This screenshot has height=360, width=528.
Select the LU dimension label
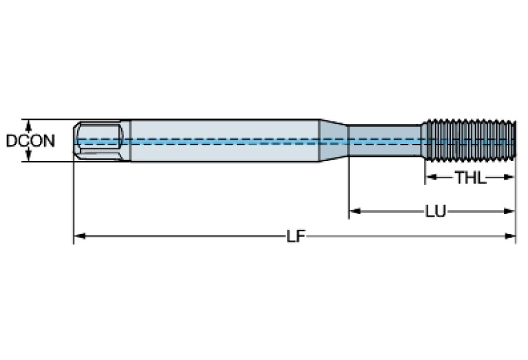tap(434, 211)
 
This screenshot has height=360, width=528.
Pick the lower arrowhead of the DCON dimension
tap(29, 158)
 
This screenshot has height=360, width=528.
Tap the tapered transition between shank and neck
tap(333, 141)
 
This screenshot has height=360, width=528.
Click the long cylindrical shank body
tap(220, 141)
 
